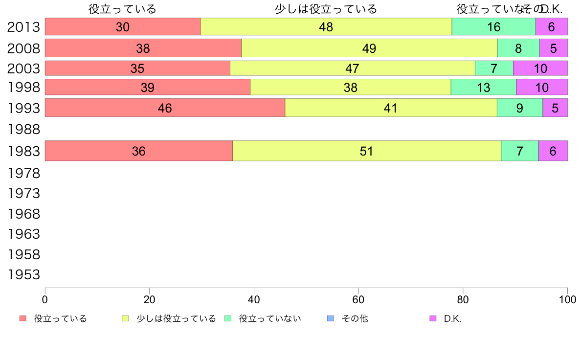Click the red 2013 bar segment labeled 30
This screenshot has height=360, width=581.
tap(123, 27)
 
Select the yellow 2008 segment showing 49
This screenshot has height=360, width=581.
tap(369, 48)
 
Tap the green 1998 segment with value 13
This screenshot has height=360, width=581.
tap(483, 87)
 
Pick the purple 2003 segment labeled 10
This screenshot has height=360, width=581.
tap(540, 68)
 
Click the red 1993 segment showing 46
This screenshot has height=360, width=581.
tap(165, 108)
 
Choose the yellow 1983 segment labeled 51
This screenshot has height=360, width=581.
tap(367, 151)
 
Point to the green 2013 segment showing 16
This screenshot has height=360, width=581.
tap(493, 27)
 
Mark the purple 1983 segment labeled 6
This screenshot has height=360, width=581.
tap(553, 151)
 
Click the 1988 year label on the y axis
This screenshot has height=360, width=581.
tap(23, 130)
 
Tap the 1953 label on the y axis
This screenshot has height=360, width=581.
tap(23, 275)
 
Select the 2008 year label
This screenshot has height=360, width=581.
tap(23, 48)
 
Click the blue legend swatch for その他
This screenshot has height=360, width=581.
tap(330, 319)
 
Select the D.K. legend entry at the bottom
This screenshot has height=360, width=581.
tap(452, 319)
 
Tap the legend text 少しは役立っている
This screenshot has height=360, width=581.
tap(176, 319)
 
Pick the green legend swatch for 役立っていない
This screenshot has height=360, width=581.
tap(227, 319)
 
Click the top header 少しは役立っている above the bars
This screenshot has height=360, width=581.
tap(326, 9)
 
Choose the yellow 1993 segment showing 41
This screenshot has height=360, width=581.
tap(390, 108)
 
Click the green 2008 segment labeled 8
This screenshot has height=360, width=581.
tap(518, 48)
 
